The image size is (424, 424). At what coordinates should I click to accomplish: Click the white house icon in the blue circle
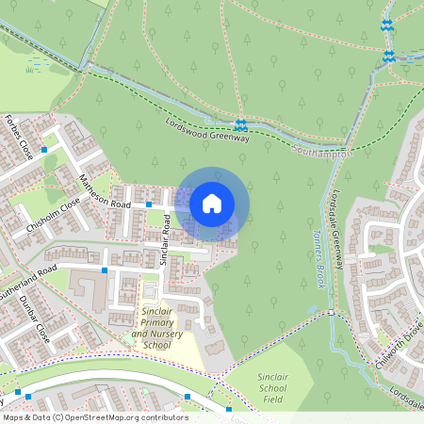tap(212, 204)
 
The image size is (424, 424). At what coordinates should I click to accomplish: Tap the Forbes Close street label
tap(19, 139)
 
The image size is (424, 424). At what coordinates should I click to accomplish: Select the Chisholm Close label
tap(54, 217)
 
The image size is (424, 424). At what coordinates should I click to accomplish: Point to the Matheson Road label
tap(105, 191)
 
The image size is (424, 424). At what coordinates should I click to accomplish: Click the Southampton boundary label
tap(321, 152)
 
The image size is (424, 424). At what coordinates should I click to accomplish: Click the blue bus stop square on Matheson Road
tap(149, 204)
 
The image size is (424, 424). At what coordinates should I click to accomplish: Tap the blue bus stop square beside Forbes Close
tap(44, 148)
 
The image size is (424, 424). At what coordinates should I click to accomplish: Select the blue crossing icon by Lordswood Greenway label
tap(241, 124)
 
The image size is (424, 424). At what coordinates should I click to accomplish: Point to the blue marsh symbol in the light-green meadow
tap(35, 66)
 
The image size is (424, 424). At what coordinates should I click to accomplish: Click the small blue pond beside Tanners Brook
tap(314, 309)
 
